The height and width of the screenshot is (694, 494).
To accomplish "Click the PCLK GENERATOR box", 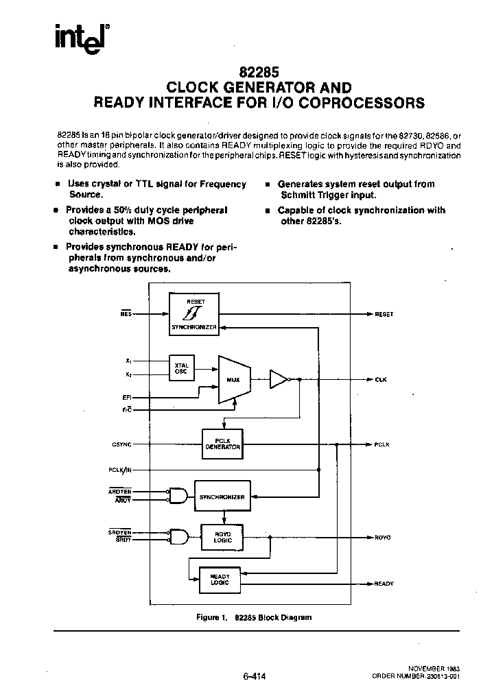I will pyautogui.click(x=222, y=444).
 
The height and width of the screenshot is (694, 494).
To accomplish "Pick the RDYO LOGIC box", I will pyautogui.click(x=222, y=537).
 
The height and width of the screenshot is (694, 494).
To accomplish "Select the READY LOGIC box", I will pyautogui.click(x=220, y=580).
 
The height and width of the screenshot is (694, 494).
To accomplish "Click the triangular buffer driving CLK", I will pyautogui.click(x=279, y=379).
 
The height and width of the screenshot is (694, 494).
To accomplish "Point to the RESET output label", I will pyautogui.click(x=384, y=314).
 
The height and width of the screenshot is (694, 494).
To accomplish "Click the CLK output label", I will pyautogui.click(x=381, y=379).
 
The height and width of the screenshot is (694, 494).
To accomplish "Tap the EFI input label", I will pyautogui.click(x=127, y=397).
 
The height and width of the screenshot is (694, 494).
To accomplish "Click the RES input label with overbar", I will pyautogui.click(x=126, y=313).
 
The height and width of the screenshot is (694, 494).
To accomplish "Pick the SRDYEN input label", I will pyautogui.click(x=119, y=531).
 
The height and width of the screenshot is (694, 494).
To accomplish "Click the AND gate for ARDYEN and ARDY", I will pyautogui.click(x=178, y=495).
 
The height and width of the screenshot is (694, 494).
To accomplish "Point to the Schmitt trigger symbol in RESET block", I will pyautogui.click(x=193, y=313).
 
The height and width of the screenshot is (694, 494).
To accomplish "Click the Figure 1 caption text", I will pyautogui.click(x=254, y=617).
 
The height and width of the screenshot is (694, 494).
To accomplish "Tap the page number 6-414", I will pyautogui.click(x=254, y=675).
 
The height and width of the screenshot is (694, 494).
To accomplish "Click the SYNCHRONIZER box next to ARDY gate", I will pyautogui.click(x=222, y=496).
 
